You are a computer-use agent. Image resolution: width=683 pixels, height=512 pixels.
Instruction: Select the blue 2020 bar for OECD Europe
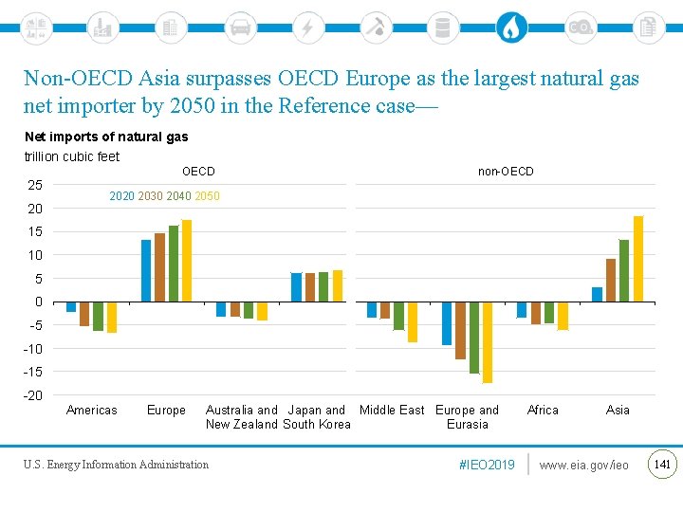click(146, 270)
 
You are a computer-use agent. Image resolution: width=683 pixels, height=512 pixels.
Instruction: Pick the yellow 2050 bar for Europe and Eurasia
click(488, 342)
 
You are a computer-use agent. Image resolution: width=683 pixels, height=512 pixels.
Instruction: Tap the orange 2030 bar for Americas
click(84, 314)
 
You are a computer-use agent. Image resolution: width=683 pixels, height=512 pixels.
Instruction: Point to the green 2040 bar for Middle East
click(399, 316)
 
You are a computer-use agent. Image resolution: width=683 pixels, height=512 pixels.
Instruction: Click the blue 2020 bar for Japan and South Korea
click(296, 287)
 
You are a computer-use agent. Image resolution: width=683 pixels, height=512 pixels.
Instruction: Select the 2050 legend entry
click(207, 196)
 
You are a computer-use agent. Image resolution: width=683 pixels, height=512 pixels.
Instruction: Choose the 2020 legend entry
click(121, 196)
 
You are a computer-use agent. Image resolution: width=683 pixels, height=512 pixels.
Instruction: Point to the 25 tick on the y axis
click(34, 184)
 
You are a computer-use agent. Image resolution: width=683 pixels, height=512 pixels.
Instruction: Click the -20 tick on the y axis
click(32, 395)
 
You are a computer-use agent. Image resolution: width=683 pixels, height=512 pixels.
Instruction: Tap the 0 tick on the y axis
click(38, 302)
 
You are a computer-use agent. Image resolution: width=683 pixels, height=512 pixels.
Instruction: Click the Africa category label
click(543, 410)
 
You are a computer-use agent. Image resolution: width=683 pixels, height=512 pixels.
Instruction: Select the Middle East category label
click(392, 410)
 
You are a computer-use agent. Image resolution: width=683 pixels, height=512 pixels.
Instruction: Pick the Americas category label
click(92, 410)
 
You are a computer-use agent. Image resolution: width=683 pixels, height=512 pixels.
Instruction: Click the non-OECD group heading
click(506, 172)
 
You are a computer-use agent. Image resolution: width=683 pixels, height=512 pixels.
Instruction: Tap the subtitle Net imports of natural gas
click(106, 137)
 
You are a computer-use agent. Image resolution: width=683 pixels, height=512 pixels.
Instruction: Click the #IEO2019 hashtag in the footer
click(487, 465)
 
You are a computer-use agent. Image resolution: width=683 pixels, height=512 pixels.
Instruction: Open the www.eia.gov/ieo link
click(584, 465)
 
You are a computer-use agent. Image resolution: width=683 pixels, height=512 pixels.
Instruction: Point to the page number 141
click(662, 464)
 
